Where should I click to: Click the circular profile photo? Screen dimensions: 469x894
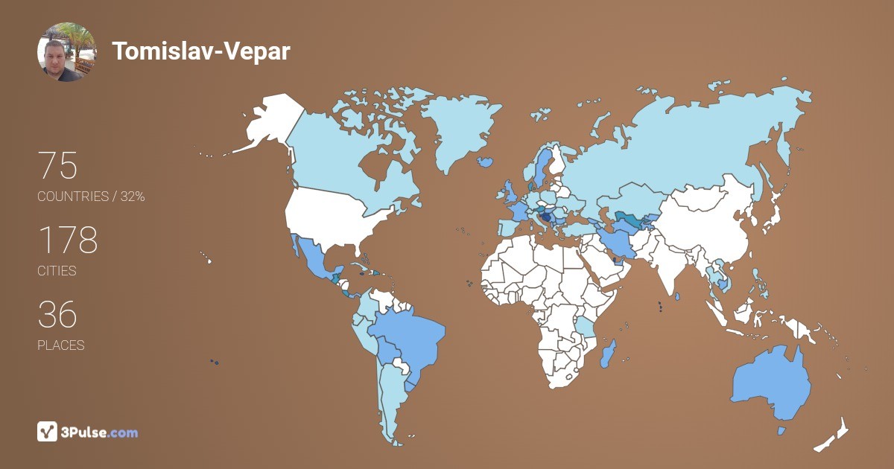point(66,52)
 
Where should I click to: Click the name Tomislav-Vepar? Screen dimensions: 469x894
point(201,51)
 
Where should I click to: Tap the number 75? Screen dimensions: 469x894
point(57,166)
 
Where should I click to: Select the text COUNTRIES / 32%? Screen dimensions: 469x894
point(91,197)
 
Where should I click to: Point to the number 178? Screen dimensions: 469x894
point(67,240)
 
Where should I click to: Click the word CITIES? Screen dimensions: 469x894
point(57,271)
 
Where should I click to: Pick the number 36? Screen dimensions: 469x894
point(57,315)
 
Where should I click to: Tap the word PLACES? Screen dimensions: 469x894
point(60,345)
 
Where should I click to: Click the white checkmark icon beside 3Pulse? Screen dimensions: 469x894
point(48,432)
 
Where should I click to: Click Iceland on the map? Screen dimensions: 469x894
point(486,161)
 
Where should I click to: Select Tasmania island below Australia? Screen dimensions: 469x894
point(782,430)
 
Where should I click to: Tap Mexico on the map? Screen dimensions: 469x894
point(314,261)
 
